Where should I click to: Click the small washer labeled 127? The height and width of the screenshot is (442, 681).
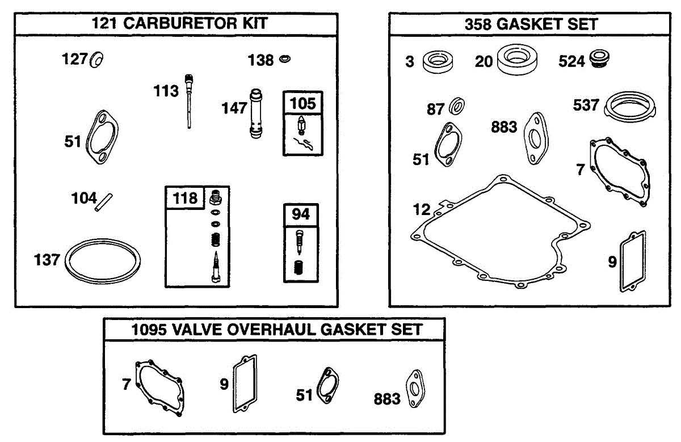click(x=96, y=59)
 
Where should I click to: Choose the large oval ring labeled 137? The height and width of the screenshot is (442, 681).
click(x=102, y=262)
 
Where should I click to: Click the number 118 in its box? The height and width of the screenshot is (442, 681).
click(x=185, y=198)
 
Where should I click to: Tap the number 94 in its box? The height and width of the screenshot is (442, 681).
click(x=301, y=215)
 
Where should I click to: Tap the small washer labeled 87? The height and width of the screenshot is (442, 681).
click(x=457, y=106)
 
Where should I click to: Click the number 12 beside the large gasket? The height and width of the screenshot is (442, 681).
click(x=422, y=210)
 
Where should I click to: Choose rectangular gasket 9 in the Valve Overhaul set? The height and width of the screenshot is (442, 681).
click(x=244, y=384)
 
